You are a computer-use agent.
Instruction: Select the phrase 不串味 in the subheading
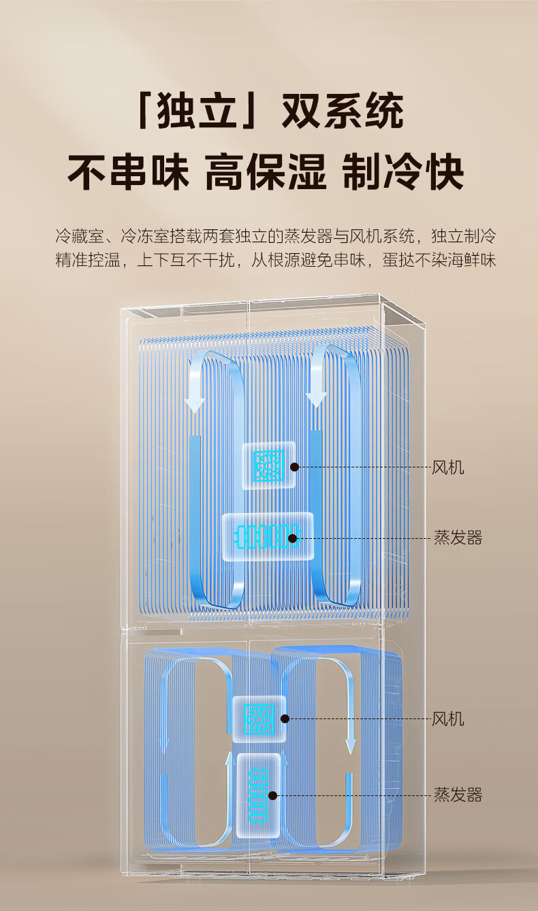128,172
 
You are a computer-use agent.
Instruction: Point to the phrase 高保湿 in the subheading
266,172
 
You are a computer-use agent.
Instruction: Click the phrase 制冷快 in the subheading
403,172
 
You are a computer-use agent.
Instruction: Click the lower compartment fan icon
259,718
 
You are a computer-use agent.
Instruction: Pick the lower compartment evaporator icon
259,794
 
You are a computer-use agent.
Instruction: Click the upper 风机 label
448,467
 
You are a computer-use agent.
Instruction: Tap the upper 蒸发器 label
458,538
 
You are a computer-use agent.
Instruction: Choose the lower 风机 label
448,719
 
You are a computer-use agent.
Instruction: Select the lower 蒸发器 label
458,795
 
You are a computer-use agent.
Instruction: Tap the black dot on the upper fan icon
295,467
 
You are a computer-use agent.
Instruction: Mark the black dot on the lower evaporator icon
273,795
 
